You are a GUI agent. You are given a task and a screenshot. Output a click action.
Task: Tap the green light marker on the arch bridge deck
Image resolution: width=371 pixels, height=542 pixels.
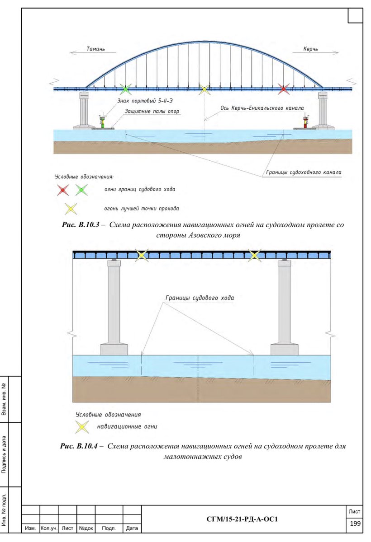pyautogui.click(x=126, y=89)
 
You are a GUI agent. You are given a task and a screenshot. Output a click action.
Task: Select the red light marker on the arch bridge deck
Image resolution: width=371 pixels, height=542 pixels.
pyautogui.click(x=284, y=89)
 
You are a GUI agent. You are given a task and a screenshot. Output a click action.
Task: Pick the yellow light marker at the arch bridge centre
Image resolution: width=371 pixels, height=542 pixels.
pyautogui.click(x=205, y=89)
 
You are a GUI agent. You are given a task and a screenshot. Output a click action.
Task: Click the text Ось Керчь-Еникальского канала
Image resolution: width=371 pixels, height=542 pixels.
pyautogui.click(x=262, y=107)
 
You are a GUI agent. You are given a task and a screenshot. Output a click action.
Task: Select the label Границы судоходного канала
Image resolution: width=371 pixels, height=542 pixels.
pyautogui.click(x=302, y=173)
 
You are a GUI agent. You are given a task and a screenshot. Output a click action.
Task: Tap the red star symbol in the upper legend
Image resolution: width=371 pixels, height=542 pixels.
pyautogui.click(x=62, y=190)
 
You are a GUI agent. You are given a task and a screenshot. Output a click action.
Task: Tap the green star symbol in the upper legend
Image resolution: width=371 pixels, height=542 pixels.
pyautogui.click(x=81, y=190)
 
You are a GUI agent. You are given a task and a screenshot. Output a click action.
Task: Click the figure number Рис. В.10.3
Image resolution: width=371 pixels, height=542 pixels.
pyautogui.click(x=79, y=224)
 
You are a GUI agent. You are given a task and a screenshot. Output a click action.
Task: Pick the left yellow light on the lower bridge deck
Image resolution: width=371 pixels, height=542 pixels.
pyautogui.click(x=142, y=255)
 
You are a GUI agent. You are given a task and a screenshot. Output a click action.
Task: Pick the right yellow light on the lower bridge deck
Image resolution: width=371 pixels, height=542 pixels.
pyautogui.click(x=254, y=255)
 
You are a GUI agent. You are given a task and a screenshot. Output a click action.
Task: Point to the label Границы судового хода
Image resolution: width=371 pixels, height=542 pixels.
pyautogui.click(x=200, y=298)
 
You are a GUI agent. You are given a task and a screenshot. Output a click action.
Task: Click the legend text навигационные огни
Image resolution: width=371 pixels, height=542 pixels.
pyautogui.click(x=127, y=426)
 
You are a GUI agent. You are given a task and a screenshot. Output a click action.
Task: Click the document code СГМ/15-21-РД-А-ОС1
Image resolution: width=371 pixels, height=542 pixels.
pyautogui.click(x=242, y=519)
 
